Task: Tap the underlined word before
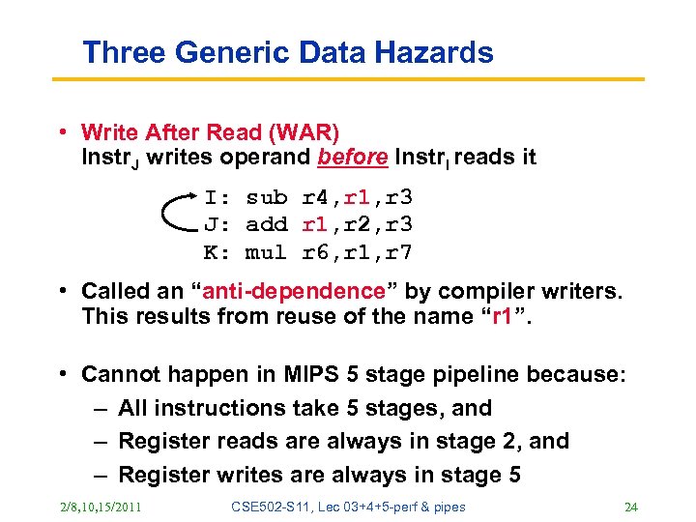(x=355, y=157)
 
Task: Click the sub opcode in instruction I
(x=267, y=198)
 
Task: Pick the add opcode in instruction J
(x=267, y=225)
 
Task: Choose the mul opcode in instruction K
(x=267, y=252)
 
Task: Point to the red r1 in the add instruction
(x=315, y=225)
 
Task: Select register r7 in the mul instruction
(x=399, y=252)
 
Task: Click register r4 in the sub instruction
(x=316, y=198)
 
